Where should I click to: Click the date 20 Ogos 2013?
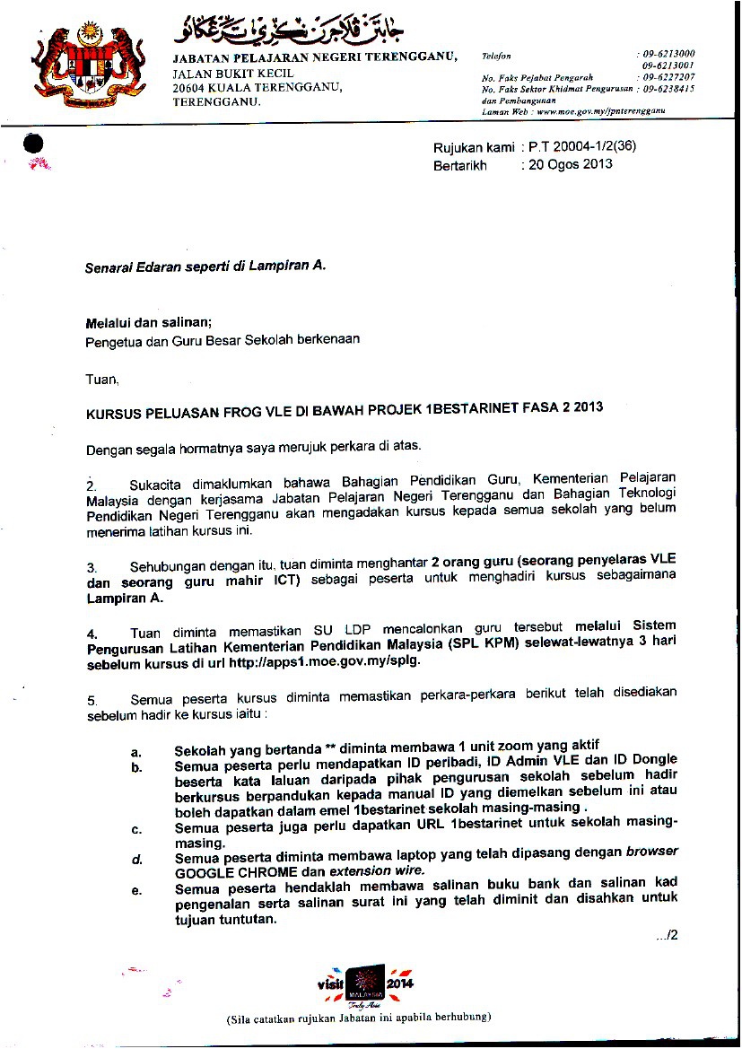tap(570, 164)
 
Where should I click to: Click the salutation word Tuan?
tap(101, 380)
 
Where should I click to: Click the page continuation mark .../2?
tap(665, 935)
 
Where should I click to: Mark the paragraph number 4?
tap(92, 634)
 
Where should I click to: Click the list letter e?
tap(136, 890)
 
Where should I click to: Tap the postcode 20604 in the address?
tap(190, 87)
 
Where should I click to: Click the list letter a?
tap(135, 750)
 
